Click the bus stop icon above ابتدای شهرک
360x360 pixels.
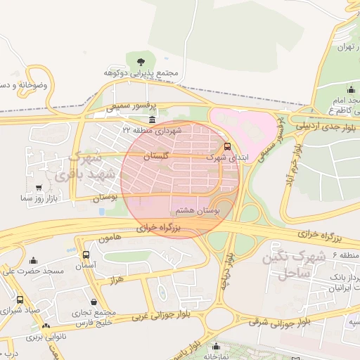(x=226, y=147)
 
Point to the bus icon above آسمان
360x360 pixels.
(x=86, y=255)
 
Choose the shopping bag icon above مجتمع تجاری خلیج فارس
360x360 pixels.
(x=94, y=302)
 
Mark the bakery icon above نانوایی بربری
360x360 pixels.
(x=46, y=326)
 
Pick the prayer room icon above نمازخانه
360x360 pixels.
(x=217, y=347)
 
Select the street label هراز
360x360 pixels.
(x=117, y=281)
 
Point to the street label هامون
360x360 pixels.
(x=110, y=239)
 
